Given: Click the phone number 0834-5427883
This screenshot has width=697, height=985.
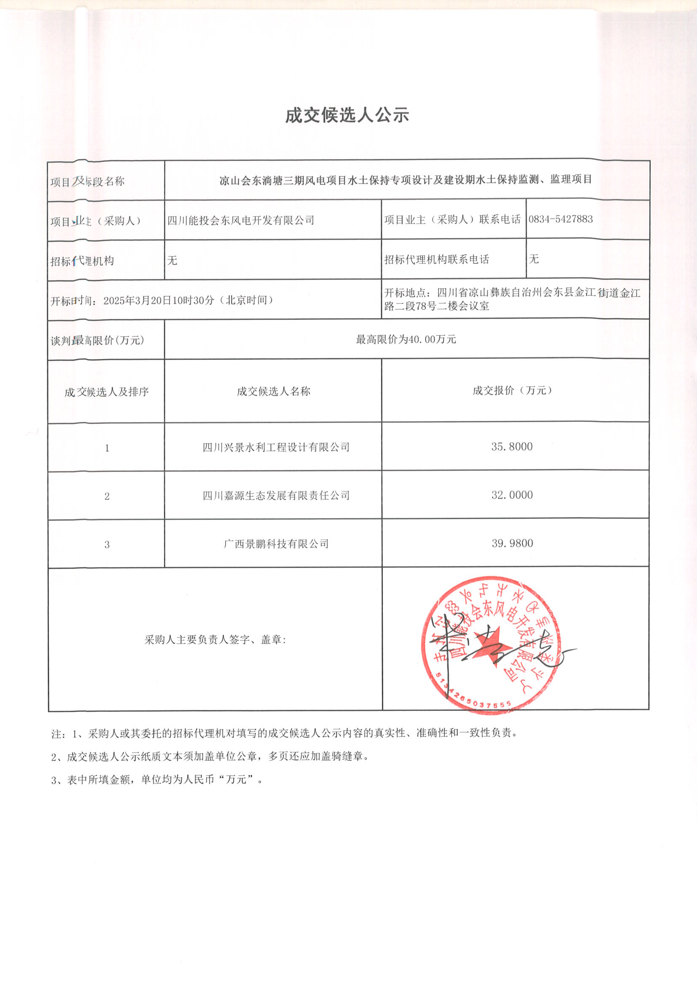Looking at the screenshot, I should pos(561,219).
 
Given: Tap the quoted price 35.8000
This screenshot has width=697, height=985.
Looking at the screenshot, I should pos(512,447).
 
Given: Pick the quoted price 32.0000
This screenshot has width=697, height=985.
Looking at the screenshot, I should pos(512,495).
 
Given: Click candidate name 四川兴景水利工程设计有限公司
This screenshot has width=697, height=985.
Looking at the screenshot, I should pos(276,447).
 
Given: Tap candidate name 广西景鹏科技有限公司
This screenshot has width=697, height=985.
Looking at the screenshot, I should pos(276,544).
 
